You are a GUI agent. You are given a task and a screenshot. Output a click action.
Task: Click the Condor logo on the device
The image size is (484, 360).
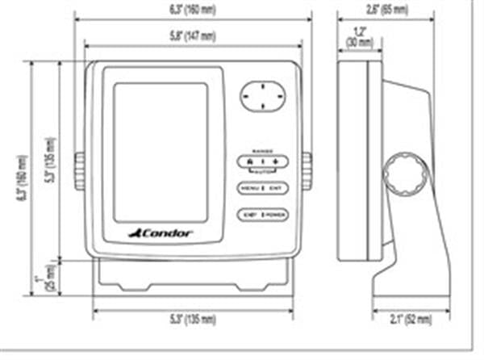(x=161, y=233)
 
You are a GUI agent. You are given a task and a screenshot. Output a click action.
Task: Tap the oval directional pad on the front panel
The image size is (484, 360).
(x=263, y=96)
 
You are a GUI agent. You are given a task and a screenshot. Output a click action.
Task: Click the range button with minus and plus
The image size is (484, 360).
(x=263, y=162)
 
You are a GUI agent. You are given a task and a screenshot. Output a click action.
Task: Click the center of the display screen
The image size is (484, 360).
(x=161, y=152)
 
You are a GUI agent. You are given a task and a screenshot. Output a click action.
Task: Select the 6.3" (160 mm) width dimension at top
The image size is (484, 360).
(x=191, y=10)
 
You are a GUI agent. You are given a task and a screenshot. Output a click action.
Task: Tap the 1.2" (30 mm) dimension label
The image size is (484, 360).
(x=353, y=37)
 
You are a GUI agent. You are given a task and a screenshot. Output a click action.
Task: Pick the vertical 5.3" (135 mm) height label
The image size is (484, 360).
(x=50, y=162)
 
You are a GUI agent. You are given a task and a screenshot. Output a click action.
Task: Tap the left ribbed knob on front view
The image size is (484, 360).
(x=79, y=171)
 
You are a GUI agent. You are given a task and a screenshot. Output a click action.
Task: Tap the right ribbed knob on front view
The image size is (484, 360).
(x=307, y=171)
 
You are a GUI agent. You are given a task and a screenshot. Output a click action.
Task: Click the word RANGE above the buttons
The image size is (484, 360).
(x=263, y=151)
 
